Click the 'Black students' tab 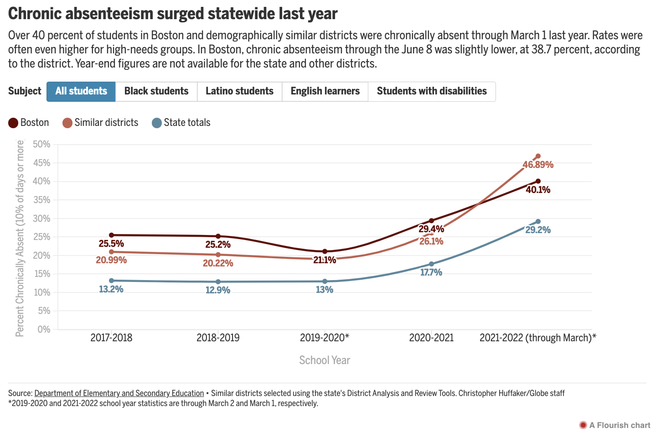click(x=156, y=92)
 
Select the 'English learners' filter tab click(x=325, y=92)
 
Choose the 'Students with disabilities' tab click(x=432, y=92)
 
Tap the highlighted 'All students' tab click(x=81, y=92)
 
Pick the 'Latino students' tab click(x=239, y=92)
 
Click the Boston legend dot click(x=13, y=123)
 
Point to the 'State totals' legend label click(x=187, y=123)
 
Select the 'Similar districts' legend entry click(x=101, y=123)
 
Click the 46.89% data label click(x=538, y=165)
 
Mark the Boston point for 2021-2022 click(x=538, y=181)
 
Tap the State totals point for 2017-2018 click(x=111, y=281)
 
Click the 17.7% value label click(x=431, y=272)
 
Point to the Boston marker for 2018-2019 click(x=218, y=236)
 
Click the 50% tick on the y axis click(x=41, y=145)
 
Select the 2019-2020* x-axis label click(x=325, y=338)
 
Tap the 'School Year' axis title click(x=325, y=360)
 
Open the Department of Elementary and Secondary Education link click(x=119, y=393)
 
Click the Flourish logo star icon click(x=583, y=425)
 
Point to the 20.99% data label click(x=111, y=260)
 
